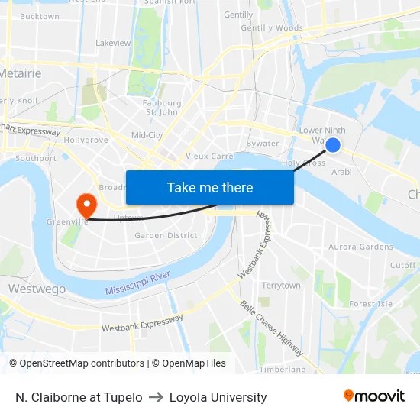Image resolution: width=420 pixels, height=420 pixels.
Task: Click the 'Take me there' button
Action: click(210, 187)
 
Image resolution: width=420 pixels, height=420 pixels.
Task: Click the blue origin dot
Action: click(333, 144)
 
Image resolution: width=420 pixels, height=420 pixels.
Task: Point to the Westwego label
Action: click(37, 289)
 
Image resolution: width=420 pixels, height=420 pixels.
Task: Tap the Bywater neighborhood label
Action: click(263, 144)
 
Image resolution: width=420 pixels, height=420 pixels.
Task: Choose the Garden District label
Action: click(166, 236)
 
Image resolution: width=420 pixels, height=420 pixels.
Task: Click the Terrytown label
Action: click(281, 285)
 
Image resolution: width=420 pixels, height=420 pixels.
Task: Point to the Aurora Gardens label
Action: click(360, 247)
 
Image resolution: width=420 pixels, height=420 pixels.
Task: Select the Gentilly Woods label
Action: click(271, 28)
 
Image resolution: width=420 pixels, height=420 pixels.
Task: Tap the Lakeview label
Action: click(113, 43)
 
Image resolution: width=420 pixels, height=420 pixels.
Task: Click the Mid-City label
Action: click(147, 135)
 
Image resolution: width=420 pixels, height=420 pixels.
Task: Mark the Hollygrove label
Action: click(86, 141)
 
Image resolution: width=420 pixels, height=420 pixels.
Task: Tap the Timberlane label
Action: click(282, 369)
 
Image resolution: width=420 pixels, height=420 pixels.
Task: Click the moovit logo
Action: click(373, 396)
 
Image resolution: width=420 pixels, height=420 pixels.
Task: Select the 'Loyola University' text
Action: click(218, 397)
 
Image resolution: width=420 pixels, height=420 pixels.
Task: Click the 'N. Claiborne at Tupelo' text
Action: click(79, 397)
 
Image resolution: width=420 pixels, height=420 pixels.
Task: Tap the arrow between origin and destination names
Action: click(156, 397)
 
